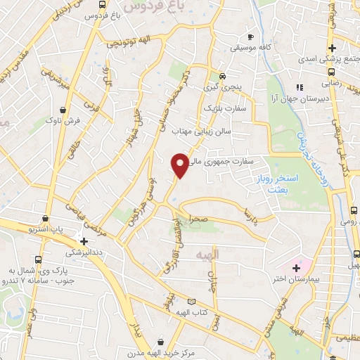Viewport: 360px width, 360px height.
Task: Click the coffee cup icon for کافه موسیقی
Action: click(251, 37)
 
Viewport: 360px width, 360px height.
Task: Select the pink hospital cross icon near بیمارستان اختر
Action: click(296, 268)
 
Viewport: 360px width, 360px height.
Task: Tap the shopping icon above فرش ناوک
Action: click(64, 110)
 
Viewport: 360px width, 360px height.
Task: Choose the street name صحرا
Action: click(197, 219)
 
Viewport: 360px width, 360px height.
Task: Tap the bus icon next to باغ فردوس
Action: click(103, 5)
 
